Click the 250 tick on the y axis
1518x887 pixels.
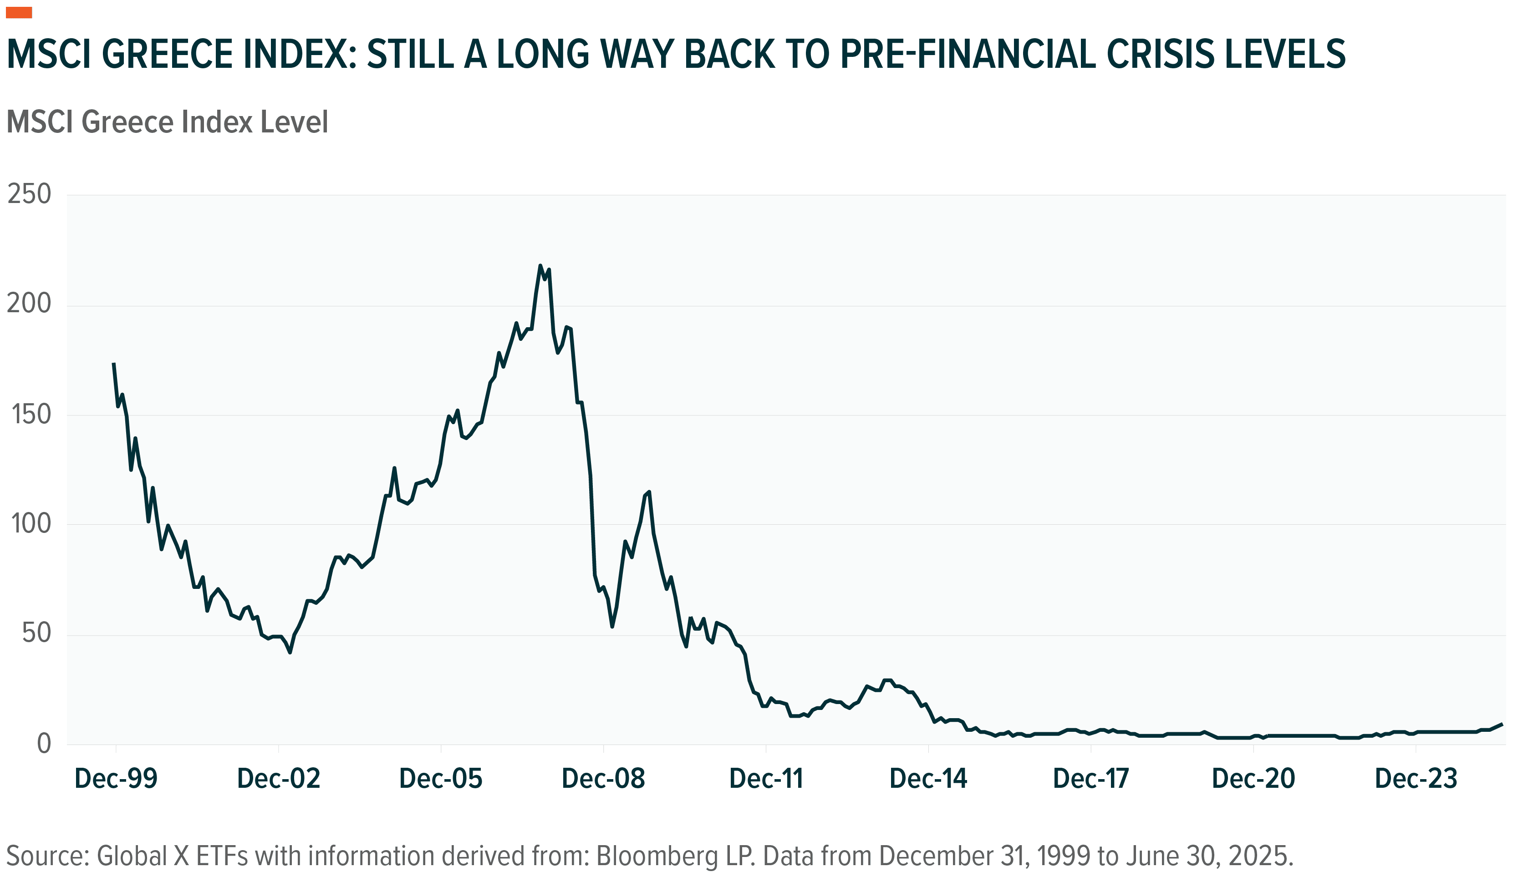point(29,194)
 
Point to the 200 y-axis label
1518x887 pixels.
point(29,304)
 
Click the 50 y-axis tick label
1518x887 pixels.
point(36,634)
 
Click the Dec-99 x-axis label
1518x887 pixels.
point(116,779)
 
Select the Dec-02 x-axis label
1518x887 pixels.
point(278,779)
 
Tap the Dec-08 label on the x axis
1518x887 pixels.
point(603,779)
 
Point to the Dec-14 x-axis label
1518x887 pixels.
point(928,779)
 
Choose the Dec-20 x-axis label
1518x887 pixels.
point(1253,779)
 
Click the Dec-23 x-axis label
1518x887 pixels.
point(1416,779)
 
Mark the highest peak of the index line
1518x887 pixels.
point(540,266)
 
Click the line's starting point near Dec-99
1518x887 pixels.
point(113,364)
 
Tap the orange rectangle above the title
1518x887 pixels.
point(19,13)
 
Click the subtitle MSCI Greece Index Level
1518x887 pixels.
point(167,122)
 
